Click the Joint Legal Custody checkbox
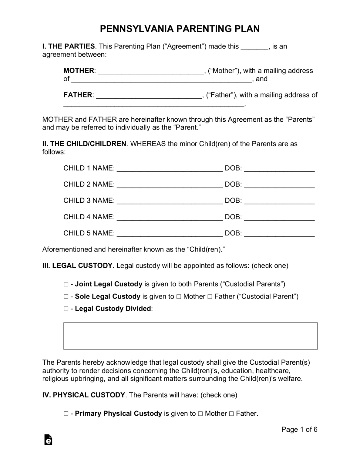(66, 284)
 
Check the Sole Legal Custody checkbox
(66, 296)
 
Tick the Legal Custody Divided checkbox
(66, 309)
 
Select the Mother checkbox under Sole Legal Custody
(179, 296)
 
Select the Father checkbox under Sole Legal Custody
(210, 296)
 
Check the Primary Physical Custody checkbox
(66, 414)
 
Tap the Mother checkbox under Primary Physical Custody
(200, 414)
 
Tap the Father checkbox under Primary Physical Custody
(231, 414)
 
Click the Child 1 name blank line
(170, 169)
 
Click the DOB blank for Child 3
(279, 201)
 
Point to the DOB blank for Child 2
(279, 185)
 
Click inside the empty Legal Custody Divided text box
(190, 336)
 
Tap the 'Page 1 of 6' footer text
(299, 429)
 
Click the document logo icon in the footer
(48, 440)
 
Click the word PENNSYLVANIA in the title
(136, 29)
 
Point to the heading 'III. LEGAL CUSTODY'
(77, 266)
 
